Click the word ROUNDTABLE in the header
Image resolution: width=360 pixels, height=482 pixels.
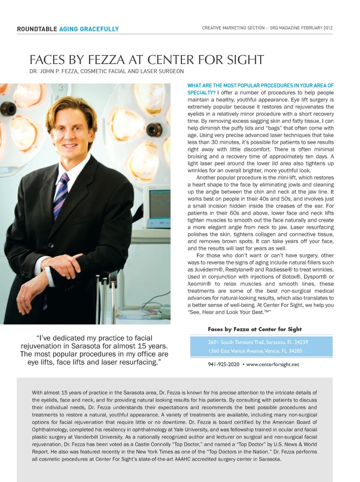coord(37,29)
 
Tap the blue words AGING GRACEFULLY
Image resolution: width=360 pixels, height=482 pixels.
coord(89,29)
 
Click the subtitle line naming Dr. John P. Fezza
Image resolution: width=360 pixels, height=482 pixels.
coord(106,71)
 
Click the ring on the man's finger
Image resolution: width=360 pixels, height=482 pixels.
coord(22,296)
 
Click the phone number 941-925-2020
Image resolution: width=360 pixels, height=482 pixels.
coord(223,364)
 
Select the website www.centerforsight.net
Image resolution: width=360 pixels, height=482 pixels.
coord(273,364)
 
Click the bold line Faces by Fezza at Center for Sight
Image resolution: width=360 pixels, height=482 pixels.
coord(255,329)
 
